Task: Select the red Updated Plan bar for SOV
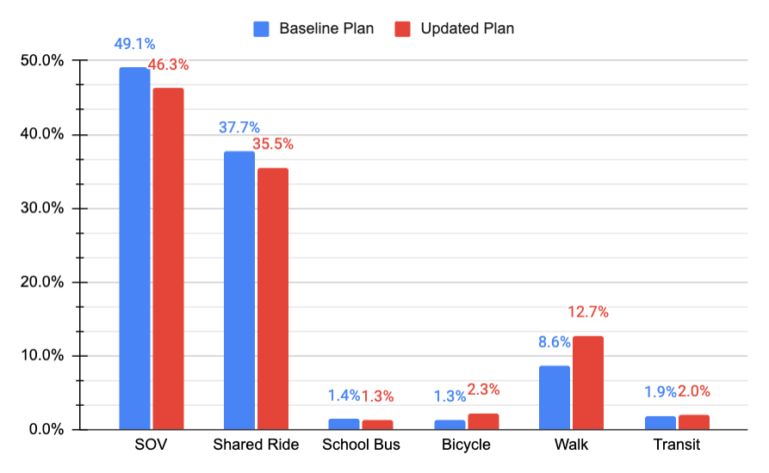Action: (x=168, y=258)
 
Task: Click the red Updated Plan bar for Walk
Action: (x=588, y=383)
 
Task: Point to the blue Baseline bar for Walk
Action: (x=555, y=397)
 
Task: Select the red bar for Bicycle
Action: (x=483, y=421)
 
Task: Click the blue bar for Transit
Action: (x=660, y=423)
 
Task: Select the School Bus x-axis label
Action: (x=362, y=445)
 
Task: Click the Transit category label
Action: (x=676, y=445)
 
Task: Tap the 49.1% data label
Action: (x=134, y=44)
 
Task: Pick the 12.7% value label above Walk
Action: (x=588, y=312)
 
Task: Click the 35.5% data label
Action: (x=273, y=144)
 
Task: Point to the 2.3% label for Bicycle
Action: (x=483, y=390)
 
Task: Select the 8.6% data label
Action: (x=555, y=342)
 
